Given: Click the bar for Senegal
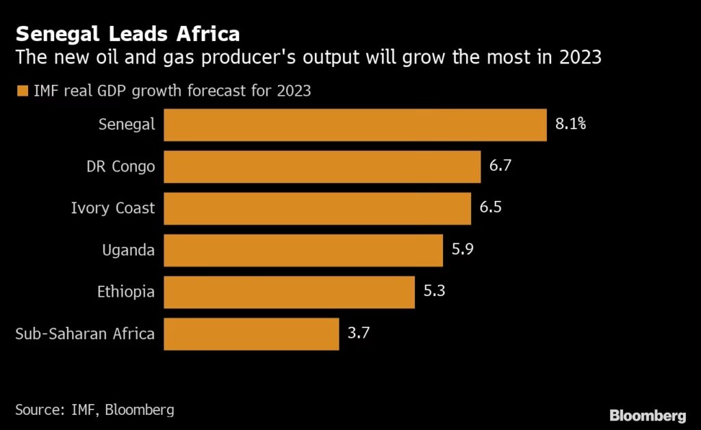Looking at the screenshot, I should (355, 124).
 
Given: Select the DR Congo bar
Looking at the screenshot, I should (322, 166).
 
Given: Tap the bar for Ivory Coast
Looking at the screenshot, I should (317, 208).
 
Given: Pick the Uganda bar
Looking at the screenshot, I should (303, 250).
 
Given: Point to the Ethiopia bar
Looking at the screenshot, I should (289, 292).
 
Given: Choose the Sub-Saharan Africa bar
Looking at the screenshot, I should (251, 334).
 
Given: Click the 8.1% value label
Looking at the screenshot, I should (570, 124).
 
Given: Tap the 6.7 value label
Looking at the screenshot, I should (500, 166).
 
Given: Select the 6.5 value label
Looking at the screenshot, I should (491, 208).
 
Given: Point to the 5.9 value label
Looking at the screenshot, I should (463, 250).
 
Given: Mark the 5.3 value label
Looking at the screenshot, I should (435, 292).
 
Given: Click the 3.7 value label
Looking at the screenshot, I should (359, 334).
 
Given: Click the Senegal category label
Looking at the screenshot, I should (127, 124).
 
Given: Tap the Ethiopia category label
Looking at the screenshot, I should (125, 292).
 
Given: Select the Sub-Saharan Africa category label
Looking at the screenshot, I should (85, 334).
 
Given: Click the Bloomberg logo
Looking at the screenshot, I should (647, 415).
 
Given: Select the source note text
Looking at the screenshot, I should (94, 410).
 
